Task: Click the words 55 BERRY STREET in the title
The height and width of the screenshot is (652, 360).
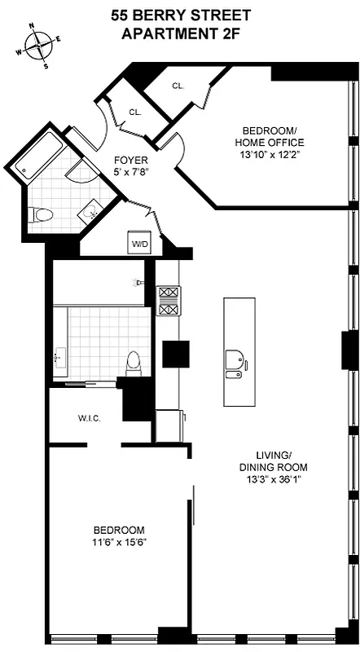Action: point(180,16)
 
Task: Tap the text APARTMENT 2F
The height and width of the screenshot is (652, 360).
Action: point(180,33)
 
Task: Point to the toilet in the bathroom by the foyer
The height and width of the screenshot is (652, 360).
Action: point(41,215)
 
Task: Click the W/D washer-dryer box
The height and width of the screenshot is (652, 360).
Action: point(138,242)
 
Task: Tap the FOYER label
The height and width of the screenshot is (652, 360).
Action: point(130,161)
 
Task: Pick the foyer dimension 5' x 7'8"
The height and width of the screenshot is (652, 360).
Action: point(130,172)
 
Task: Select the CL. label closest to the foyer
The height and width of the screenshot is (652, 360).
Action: point(134,113)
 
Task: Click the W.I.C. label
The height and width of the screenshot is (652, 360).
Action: point(89,419)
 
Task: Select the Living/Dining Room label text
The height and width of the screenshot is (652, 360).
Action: point(273,461)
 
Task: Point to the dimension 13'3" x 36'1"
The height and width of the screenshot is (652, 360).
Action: point(273,479)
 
